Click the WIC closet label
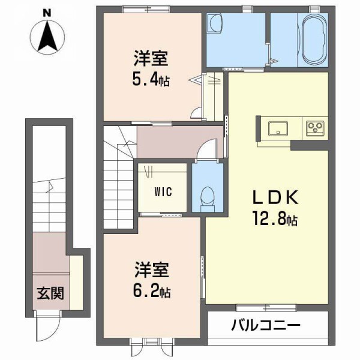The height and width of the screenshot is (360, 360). (163, 193)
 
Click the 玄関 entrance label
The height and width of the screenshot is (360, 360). (50, 294)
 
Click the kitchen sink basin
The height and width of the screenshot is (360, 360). (278, 128)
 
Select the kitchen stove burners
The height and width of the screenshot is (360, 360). (316, 128)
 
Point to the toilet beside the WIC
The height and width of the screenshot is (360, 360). (208, 196)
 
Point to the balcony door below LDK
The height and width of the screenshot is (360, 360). (257, 308)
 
